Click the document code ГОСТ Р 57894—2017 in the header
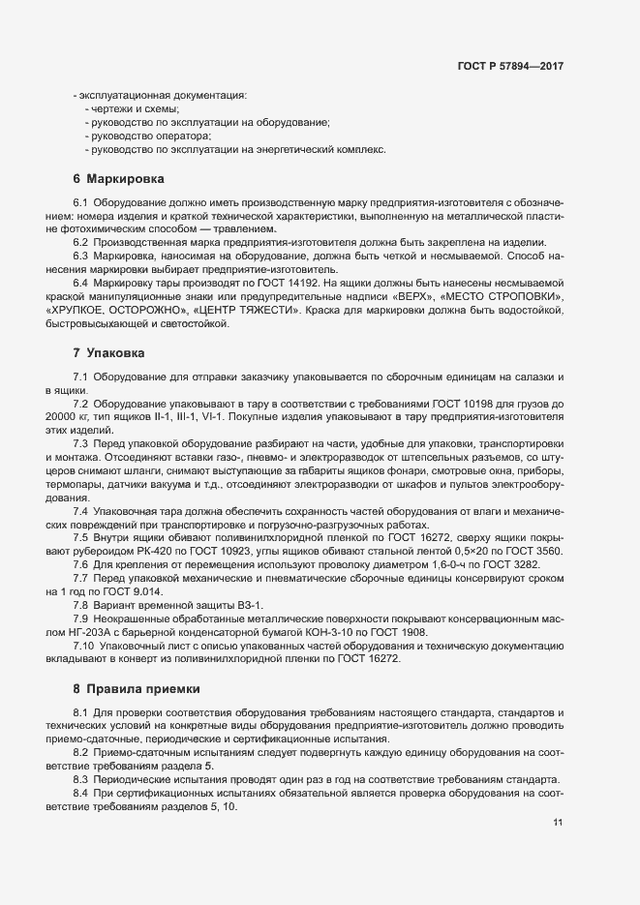pos(510,67)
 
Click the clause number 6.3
pos(80,255)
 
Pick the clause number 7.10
pos(83,645)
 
